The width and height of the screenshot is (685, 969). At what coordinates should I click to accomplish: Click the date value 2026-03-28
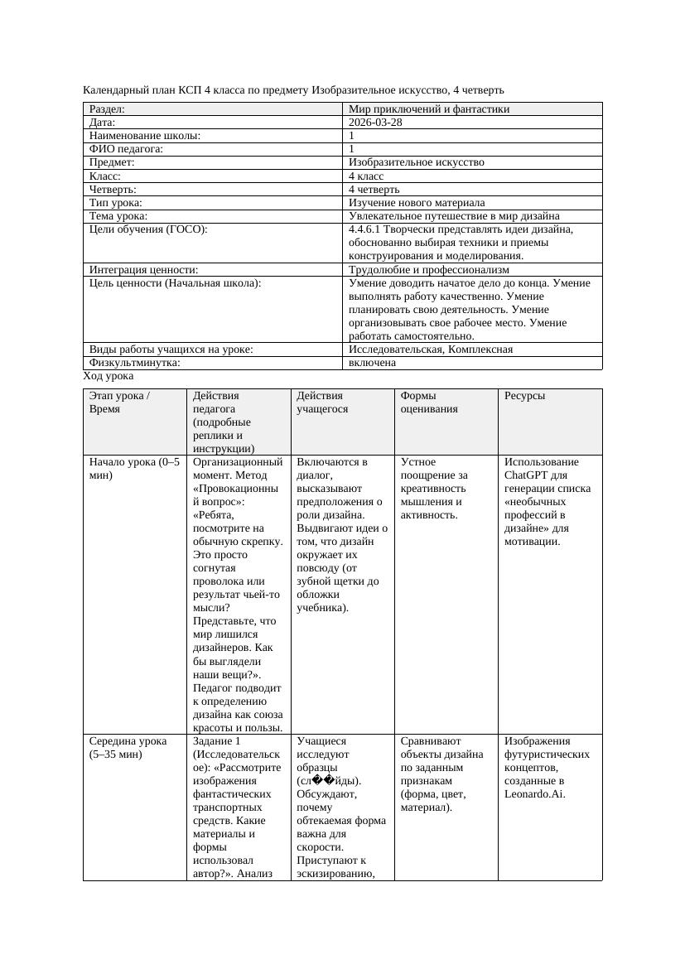tap(375, 123)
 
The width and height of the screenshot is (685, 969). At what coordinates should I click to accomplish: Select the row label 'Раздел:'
tap(107, 109)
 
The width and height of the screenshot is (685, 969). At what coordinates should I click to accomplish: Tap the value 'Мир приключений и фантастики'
tap(428, 109)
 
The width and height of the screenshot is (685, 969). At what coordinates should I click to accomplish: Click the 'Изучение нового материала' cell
tap(417, 203)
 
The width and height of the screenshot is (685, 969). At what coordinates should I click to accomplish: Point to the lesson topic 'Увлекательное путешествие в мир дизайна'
tap(454, 216)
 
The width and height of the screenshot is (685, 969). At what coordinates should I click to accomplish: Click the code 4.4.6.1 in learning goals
tap(367, 229)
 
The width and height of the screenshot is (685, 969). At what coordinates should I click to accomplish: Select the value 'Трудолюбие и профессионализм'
tap(428, 270)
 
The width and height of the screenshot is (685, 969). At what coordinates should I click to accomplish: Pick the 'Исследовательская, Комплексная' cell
tap(430, 350)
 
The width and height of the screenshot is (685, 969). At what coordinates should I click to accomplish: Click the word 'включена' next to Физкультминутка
tap(372, 363)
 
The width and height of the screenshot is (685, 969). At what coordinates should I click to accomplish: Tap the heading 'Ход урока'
tap(108, 376)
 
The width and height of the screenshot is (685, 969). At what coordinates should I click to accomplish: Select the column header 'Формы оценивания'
tap(429, 402)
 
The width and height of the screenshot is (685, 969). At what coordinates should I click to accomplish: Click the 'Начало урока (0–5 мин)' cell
tap(134, 469)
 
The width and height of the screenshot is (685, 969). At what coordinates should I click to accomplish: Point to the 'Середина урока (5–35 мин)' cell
tap(128, 748)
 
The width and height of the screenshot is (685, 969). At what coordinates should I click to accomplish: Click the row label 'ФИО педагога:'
tap(126, 149)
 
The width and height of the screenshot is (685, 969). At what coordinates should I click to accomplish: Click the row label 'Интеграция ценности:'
tap(143, 270)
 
